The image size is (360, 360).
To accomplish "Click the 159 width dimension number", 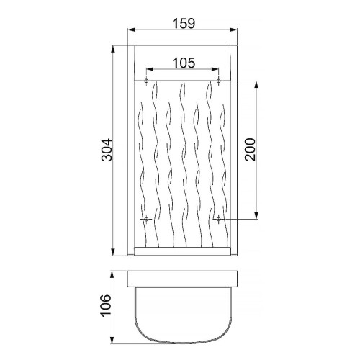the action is (x=184, y=23).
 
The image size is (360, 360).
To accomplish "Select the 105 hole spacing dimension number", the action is (x=184, y=63).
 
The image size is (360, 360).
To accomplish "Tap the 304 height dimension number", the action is (x=107, y=150).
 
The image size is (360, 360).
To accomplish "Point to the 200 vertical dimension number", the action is (x=250, y=150).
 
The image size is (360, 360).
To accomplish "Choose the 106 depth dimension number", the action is (x=106, y=305).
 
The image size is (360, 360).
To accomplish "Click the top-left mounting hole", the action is (x=146, y=81).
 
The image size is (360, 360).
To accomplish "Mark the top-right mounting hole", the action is (x=218, y=81).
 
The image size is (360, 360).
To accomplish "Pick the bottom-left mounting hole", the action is (x=146, y=219).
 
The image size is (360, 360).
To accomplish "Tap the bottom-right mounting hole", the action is (x=218, y=219).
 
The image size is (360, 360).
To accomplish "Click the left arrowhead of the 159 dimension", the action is (x=131, y=30).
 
